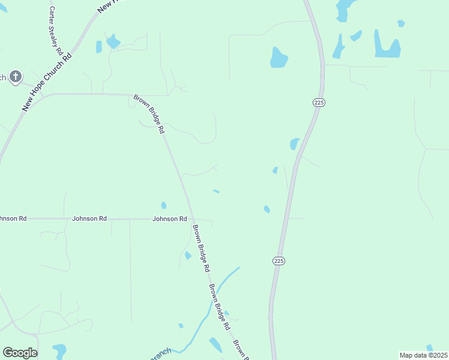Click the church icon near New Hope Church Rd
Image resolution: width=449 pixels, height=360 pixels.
[x=16, y=76]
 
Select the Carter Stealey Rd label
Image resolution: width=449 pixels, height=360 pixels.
[x=55, y=27]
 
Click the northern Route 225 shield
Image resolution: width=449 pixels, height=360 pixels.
[x=319, y=103]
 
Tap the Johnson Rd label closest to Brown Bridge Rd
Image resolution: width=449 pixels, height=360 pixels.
[x=169, y=219]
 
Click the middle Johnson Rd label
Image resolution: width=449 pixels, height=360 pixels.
[x=89, y=219]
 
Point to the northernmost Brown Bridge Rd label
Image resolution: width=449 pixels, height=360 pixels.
[x=149, y=113]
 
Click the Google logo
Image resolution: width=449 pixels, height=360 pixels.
[x=20, y=353]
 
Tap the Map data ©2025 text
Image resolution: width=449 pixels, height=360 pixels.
[x=423, y=355]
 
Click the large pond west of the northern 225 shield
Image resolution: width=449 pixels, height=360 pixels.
[x=279, y=58]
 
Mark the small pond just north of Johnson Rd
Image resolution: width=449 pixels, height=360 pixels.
[x=164, y=205]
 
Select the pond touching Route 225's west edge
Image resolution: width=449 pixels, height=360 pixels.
[x=294, y=144]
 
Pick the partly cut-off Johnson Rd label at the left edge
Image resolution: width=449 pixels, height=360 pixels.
[x=13, y=219]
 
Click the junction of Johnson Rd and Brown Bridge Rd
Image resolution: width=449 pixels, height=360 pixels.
[x=192, y=219]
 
